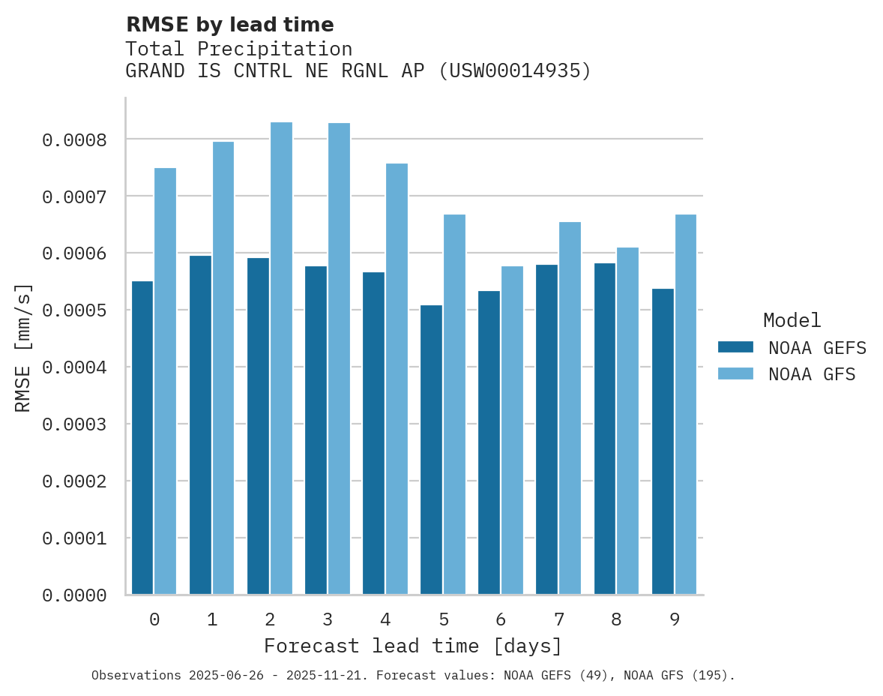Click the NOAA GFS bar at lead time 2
281,358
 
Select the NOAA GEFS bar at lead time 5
431,450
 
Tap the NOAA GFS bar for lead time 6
512,430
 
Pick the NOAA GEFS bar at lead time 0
142,438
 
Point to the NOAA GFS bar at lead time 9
685,404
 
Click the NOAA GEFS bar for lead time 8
604,429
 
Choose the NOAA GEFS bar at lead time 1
200,425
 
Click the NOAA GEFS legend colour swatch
735,347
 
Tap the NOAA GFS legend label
811,374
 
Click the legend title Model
792,320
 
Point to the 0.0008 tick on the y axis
74,140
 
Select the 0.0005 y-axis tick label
74,310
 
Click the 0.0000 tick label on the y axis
74,595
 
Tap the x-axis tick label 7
558,619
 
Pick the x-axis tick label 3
328,619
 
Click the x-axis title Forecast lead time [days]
413,646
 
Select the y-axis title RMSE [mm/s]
23,348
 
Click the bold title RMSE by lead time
229,25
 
